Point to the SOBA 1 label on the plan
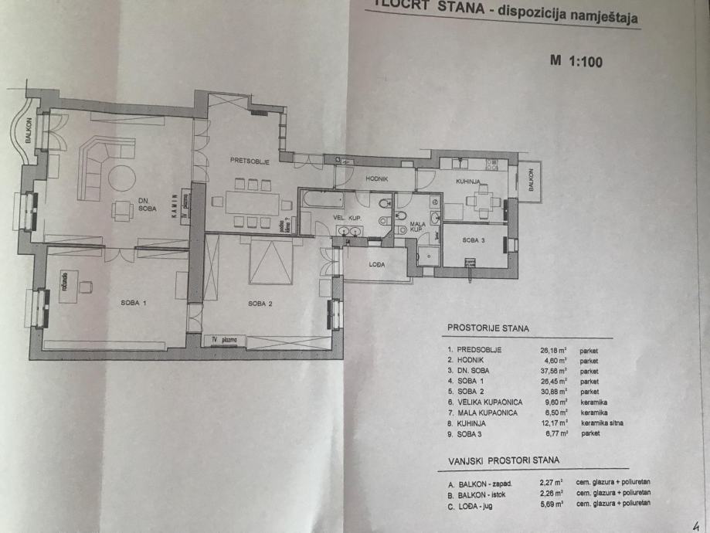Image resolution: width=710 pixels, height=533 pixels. click(133, 303)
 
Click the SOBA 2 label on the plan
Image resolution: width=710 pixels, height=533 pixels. click(259, 303)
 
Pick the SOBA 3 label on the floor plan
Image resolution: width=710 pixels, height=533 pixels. click(474, 240)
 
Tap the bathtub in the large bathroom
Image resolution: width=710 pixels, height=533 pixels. click(321, 199)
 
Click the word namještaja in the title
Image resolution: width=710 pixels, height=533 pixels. click(603, 17)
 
